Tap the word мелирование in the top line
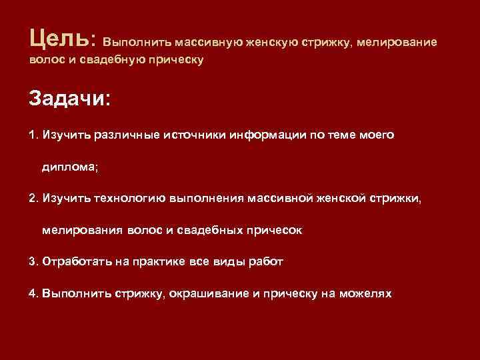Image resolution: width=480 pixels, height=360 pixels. [397, 42]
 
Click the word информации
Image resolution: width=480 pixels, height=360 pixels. [266, 135]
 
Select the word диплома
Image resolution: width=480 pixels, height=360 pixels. [69, 167]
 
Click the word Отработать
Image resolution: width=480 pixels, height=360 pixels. [73, 262]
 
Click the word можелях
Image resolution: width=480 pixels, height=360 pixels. [366, 293]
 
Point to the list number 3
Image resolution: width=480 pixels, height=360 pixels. [34, 262]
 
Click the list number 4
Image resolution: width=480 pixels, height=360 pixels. [34, 293]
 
